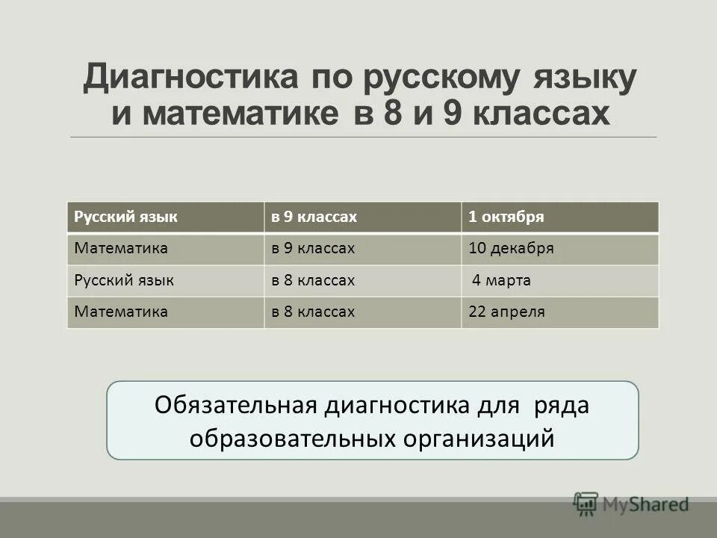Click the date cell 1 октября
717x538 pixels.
[x=506, y=217]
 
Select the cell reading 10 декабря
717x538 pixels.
[x=511, y=249]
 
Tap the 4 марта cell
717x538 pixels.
[x=502, y=281]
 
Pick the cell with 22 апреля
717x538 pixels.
[x=506, y=312]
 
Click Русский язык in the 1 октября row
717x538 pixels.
[x=125, y=217]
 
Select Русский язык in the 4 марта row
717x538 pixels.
[x=124, y=281]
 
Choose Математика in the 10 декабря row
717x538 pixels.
[x=121, y=249]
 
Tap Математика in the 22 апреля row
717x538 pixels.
[x=121, y=312]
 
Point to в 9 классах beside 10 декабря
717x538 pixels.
[x=312, y=249]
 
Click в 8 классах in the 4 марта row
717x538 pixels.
[x=312, y=281]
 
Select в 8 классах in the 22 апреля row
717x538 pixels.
[x=312, y=312]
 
